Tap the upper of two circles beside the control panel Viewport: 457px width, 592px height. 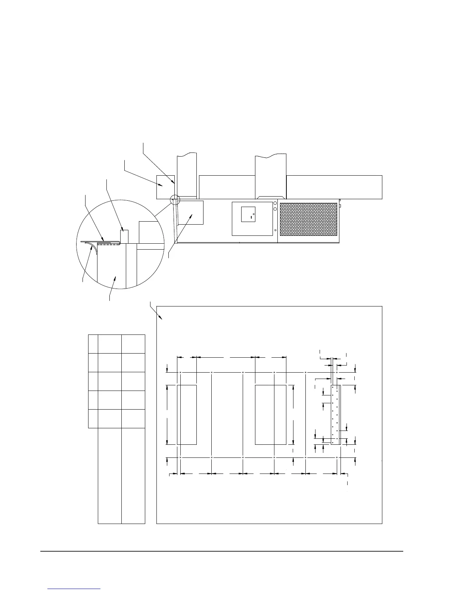coord(275,203)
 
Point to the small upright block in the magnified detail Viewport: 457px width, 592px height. coord(124,236)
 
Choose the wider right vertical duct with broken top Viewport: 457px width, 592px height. coord(271,176)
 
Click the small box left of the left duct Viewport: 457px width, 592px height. coord(165,186)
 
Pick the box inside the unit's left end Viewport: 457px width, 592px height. coord(191,212)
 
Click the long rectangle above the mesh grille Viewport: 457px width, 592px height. coord(334,187)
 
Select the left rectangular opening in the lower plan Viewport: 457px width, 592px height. coord(187,414)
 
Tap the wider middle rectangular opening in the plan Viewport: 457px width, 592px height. coord(271,414)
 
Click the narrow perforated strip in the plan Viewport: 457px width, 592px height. coord(335,415)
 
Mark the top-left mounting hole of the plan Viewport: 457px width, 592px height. coord(180,373)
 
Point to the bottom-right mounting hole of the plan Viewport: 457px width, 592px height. coord(337,457)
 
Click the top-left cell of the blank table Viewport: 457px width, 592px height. coord(93,344)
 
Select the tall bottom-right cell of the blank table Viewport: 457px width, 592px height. coord(133,475)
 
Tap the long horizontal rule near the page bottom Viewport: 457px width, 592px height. coord(222,551)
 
